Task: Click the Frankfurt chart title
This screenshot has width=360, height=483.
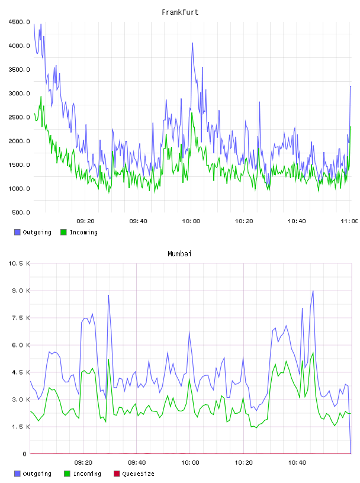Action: (x=180, y=12)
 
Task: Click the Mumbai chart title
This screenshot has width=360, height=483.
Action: (x=179, y=254)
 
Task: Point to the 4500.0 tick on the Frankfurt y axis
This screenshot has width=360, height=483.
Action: (x=19, y=22)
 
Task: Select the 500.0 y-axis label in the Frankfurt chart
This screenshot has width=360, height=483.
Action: (x=21, y=212)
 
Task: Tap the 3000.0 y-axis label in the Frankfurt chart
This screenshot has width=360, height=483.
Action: (x=19, y=94)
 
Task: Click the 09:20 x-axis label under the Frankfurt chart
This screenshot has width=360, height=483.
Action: (x=85, y=221)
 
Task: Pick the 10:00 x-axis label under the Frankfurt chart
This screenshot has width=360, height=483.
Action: (x=191, y=221)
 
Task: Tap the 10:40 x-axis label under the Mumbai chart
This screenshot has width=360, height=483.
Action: (x=297, y=463)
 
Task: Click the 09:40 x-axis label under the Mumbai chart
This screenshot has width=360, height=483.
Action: (x=137, y=463)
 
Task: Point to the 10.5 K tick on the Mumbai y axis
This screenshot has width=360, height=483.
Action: (x=19, y=263)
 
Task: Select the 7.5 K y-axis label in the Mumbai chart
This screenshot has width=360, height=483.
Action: (x=21, y=318)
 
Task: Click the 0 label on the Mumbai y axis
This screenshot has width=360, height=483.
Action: (x=25, y=454)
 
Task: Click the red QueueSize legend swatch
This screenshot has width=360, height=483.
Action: (x=117, y=474)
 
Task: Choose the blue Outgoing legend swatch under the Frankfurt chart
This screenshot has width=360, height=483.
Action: (x=17, y=232)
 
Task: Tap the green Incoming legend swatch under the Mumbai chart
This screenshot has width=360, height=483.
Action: (x=67, y=474)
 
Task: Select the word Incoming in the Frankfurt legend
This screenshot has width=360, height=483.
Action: (x=83, y=232)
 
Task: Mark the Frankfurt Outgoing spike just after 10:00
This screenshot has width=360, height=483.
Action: (x=192, y=43)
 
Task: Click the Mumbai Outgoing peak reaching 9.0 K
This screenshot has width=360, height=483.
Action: (x=313, y=291)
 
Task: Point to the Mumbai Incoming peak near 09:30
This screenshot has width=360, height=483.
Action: (x=108, y=359)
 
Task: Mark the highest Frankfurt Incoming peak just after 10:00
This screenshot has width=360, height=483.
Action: (x=192, y=112)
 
